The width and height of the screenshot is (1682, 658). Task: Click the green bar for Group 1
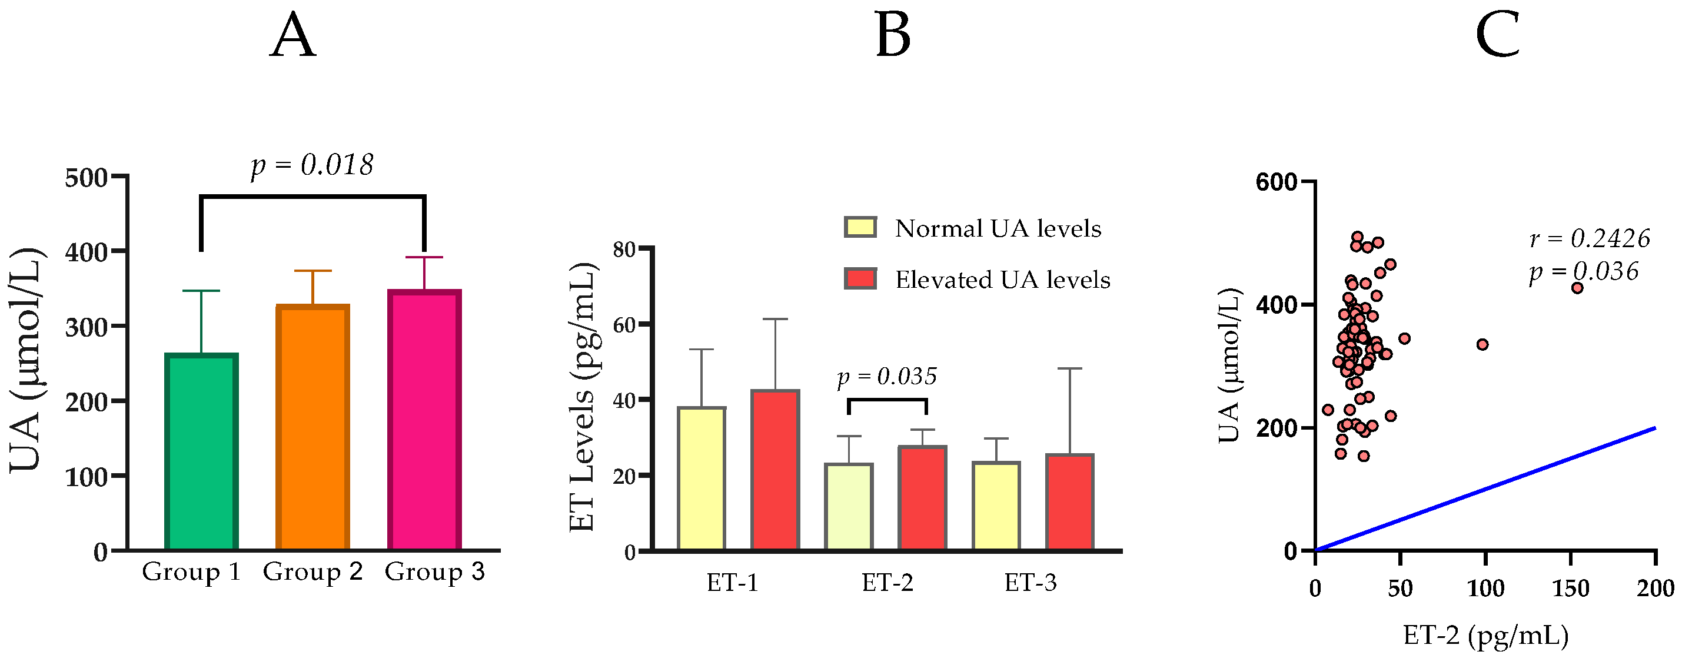(x=201, y=452)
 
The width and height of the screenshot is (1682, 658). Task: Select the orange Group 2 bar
(x=313, y=427)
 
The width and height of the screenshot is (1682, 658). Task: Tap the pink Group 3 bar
(x=424, y=420)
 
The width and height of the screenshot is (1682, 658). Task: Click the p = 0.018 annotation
(x=312, y=165)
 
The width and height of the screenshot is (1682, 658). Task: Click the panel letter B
(x=892, y=36)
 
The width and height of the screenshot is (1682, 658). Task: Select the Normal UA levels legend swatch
(x=860, y=227)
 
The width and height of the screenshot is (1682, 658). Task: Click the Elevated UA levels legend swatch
(x=860, y=279)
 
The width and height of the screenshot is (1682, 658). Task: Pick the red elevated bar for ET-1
(x=775, y=470)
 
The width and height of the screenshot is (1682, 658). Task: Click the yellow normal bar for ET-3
(x=996, y=506)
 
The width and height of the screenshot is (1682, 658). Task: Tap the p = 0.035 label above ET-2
(x=887, y=377)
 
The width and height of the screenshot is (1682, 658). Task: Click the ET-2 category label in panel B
(x=887, y=582)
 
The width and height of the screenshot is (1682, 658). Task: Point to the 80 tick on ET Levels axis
(x=624, y=250)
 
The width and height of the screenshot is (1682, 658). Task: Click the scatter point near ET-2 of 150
(x=1577, y=288)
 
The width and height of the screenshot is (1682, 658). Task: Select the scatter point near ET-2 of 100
(x=1483, y=344)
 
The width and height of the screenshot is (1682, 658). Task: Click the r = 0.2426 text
(x=1589, y=239)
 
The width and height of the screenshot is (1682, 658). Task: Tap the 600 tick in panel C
(x=1276, y=182)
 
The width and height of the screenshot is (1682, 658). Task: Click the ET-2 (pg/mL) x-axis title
(x=1485, y=635)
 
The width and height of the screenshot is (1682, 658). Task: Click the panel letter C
(x=1497, y=36)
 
